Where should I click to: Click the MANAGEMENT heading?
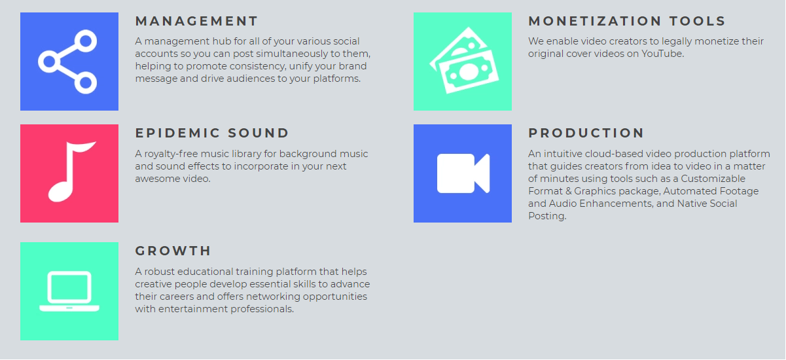[x=196, y=21]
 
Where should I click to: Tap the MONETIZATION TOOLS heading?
[x=627, y=21]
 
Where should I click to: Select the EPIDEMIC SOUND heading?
[x=212, y=133]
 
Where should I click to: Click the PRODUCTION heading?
[x=586, y=133]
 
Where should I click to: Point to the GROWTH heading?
[x=173, y=251]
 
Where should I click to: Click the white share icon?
[x=67, y=62]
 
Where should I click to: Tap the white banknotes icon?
[x=464, y=60]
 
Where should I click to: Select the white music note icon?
[x=71, y=172]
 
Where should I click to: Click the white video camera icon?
[x=463, y=173]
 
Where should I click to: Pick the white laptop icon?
[x=69, y=291]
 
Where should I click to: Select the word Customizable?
[x=713, y=179]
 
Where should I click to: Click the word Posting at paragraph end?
[x=547, y=216]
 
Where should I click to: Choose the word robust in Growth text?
[x=159, y=272]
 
